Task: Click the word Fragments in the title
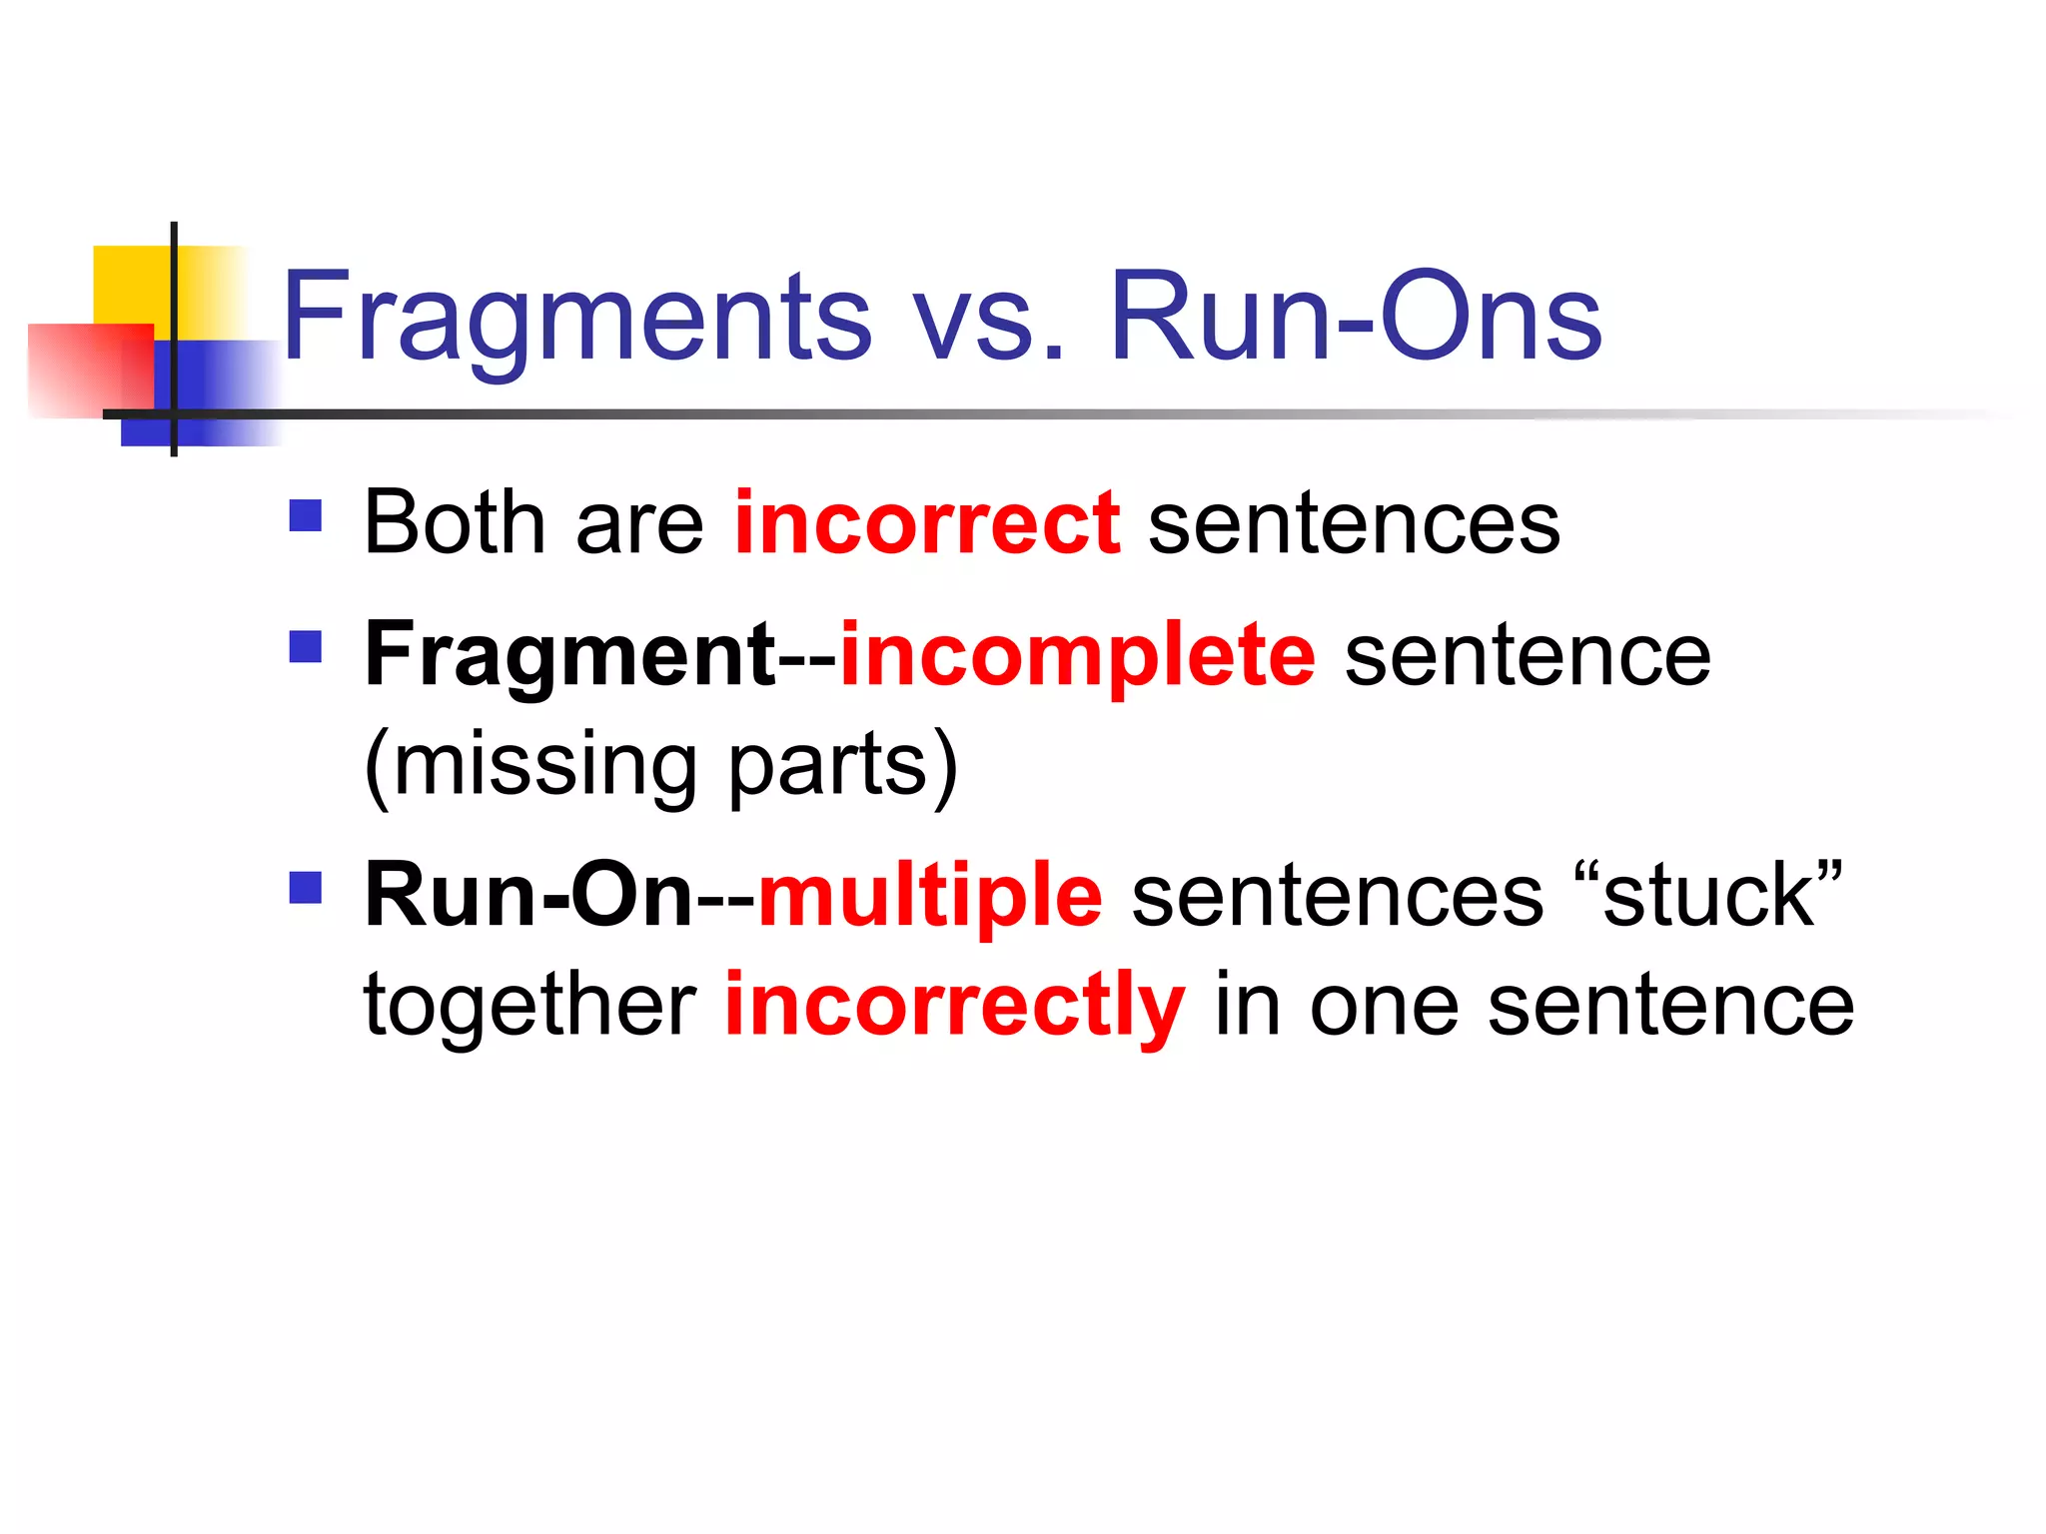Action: (577, 318)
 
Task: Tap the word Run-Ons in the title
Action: (1356, 318)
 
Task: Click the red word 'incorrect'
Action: (927, 523)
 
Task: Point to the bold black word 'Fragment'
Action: (569, 656)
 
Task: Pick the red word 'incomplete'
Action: (1078, 656)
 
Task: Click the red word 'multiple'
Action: (930, 896)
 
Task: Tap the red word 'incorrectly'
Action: (955, 1005)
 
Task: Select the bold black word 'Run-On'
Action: (528, 896)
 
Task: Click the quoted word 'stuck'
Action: (1707, 896)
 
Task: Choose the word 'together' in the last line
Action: (529, 1005)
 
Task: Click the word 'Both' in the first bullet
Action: (455, 523)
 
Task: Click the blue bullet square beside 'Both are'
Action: (306, 515)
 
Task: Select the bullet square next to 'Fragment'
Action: (306, 647)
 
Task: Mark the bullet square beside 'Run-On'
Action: (306, 887)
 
